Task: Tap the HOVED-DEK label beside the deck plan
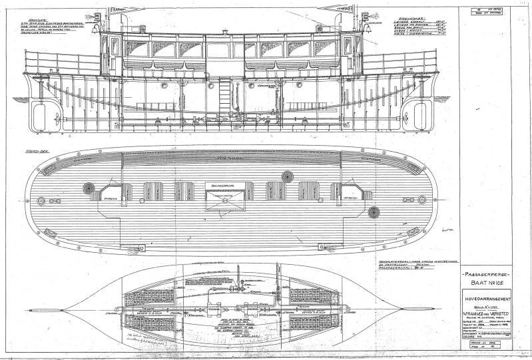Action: (x=34, y=150)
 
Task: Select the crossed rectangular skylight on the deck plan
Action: (x=222, y=198)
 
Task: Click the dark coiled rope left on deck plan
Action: (x=89, y=188)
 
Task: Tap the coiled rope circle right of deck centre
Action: (x=287, y=176)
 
